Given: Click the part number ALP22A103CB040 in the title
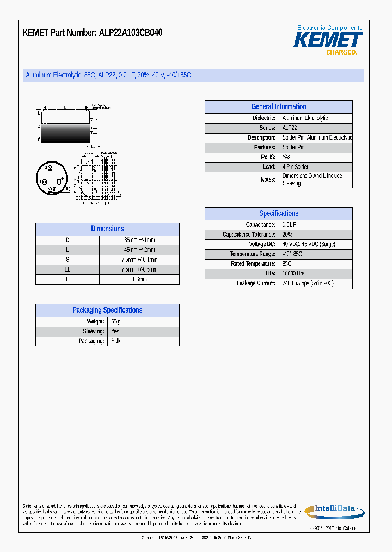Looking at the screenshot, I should click(131, 33).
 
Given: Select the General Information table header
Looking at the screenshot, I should click(278, 107).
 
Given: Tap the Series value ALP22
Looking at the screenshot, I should click(290, 128).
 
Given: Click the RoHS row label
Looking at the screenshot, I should click(268, 157).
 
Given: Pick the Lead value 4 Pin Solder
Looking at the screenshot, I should click(296, 167).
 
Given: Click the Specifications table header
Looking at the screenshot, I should click(278, 214).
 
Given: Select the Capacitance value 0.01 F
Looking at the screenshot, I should click(289, 225).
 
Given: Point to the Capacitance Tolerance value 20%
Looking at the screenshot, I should click(287, 235).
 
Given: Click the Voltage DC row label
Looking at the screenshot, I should click(262, 244).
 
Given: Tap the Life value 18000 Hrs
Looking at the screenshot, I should click(293, 274).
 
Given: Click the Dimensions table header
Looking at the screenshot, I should click(107, 229).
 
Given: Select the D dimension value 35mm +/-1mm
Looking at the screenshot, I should click(139, 240).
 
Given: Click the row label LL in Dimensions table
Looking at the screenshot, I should click(68, 269).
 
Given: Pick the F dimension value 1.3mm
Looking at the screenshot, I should click(139, 279).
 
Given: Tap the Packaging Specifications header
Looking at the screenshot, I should click(107, 310).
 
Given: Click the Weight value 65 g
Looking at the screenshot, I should click(115, 322).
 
